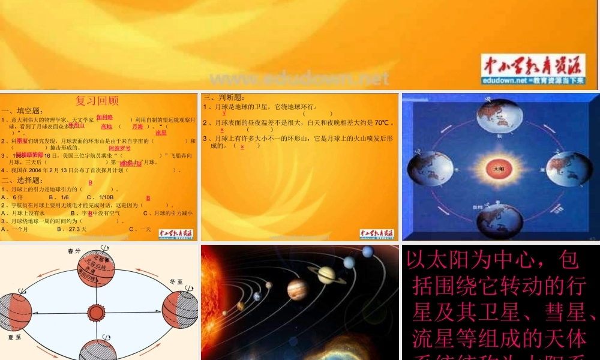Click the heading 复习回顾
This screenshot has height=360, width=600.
97,100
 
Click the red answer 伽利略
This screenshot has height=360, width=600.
104,117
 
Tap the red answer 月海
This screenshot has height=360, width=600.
137,127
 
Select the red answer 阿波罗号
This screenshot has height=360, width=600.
119,148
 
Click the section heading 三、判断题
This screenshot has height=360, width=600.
223,98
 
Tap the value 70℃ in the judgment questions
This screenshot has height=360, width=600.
382,123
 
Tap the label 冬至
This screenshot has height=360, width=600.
176,280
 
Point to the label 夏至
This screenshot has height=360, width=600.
14,337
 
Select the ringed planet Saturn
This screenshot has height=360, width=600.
326,274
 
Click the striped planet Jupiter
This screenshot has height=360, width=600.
297,289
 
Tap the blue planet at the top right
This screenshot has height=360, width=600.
368,251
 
